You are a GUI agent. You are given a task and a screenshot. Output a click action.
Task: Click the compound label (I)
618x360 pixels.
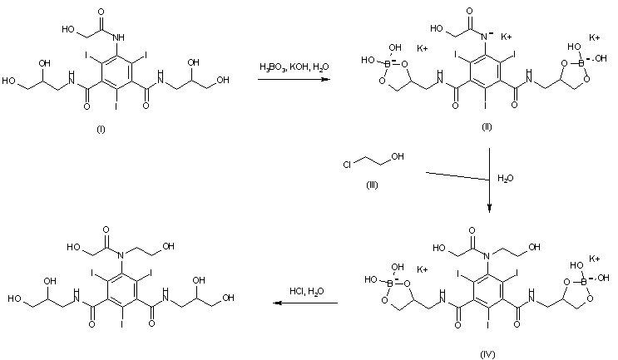click(101, 129)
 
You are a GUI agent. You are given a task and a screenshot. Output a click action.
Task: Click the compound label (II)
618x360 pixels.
click(487, 127)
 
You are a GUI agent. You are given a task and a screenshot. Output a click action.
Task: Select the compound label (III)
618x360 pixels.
click(372, 185)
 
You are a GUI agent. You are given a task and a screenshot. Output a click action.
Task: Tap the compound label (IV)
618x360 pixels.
click(487, 354)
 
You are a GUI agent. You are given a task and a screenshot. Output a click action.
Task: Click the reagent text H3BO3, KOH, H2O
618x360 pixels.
click(294, 67)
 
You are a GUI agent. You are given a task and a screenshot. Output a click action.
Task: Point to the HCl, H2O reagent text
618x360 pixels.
click(307, 291)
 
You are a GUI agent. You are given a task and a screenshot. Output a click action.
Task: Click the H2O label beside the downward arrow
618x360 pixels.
click(505, 179)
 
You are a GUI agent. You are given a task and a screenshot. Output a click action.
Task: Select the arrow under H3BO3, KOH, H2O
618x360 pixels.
click(294, 79)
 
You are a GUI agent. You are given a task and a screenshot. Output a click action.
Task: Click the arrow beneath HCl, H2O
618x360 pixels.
click(305, 303)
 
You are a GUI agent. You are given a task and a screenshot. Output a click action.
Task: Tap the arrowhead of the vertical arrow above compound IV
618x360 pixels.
click(490, 210)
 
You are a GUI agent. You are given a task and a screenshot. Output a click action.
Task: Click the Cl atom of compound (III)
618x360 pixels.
click(347, 165)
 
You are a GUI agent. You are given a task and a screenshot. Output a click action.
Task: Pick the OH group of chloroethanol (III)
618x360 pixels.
click(398, 156)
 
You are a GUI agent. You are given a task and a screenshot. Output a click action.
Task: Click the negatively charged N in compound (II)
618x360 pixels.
click(487, 37)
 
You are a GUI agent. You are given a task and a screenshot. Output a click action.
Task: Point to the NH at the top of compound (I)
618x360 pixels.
click(118, 37)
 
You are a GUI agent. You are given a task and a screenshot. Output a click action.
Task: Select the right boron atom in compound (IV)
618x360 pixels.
click(583, 281)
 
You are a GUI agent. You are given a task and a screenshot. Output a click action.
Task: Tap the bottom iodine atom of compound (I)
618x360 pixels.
click(116, 106)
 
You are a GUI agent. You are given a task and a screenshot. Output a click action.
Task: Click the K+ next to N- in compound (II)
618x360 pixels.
click(507, 37)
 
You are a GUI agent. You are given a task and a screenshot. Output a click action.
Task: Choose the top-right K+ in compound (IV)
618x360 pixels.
click(595, 259)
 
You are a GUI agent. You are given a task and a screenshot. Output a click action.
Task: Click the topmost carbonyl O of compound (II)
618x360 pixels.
click(469, 11)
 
